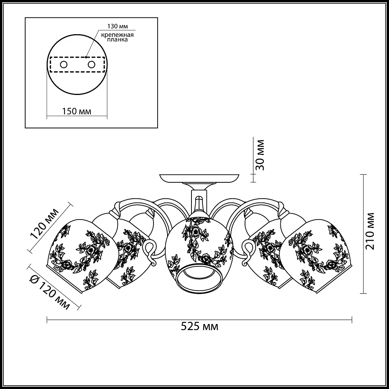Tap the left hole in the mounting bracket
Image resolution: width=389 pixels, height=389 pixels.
pos(63,65)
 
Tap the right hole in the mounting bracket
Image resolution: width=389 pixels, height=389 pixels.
pos(91,65)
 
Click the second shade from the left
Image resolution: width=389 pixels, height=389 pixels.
pos(125,255)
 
